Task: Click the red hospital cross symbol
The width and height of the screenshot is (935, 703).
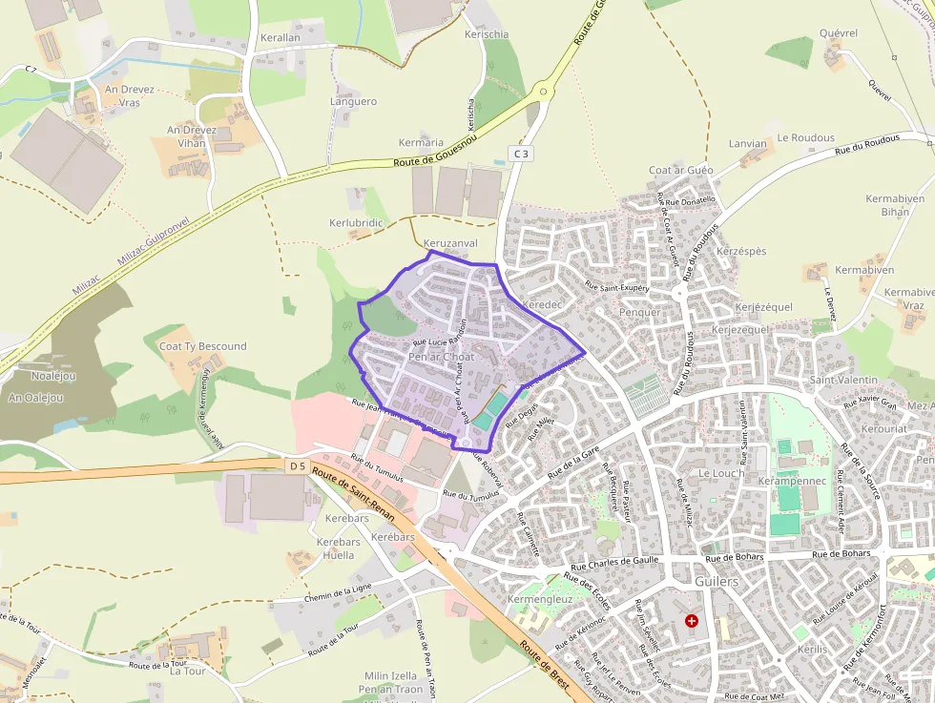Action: [692, 621]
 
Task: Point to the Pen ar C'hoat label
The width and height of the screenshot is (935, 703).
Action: [441, 357]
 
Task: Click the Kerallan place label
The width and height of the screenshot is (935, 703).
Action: [280, 37]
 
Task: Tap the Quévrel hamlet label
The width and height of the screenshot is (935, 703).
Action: [839, 33]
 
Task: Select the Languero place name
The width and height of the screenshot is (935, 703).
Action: [353, 101]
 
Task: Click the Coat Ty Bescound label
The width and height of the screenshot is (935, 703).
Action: [202, 346]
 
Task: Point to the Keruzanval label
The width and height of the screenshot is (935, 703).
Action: [450, 243]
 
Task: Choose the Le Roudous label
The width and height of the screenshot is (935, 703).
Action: [805, 137]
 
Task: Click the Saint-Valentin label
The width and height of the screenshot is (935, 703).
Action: [838, 380]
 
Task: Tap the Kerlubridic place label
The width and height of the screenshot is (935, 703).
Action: [356, 222]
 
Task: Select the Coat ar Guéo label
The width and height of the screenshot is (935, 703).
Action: [681, 170]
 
